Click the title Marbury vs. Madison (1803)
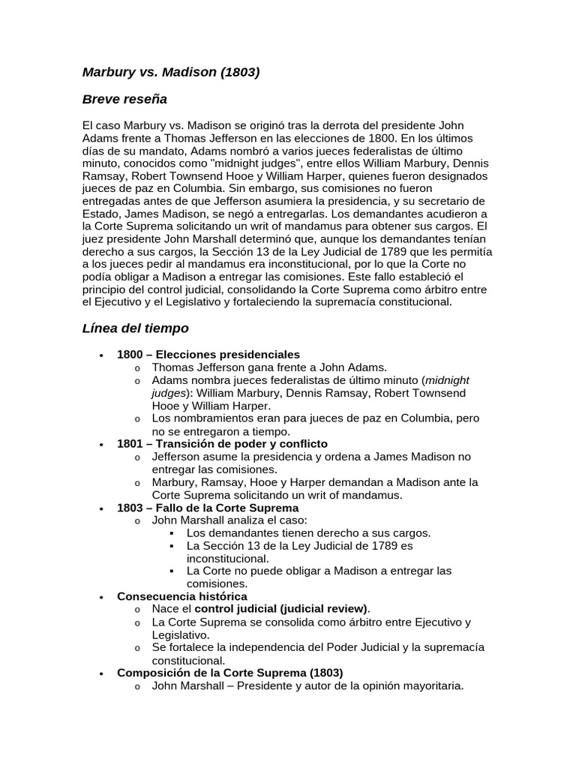tap(171, 73)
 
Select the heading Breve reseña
tap(124, 99)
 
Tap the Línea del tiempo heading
tap(135, 328)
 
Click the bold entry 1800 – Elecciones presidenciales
tap(208, 354)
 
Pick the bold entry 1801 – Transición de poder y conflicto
tap(222, 444)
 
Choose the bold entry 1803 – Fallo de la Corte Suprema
tap(208, 508)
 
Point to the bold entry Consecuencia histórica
tap(182, 596)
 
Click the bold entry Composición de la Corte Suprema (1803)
tap(229, 673)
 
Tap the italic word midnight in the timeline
tap(447, 380)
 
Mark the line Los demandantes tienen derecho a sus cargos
tap(308, 532)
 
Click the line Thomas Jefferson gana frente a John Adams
tap(269, 367)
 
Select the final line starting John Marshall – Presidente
tap(307, 685)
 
